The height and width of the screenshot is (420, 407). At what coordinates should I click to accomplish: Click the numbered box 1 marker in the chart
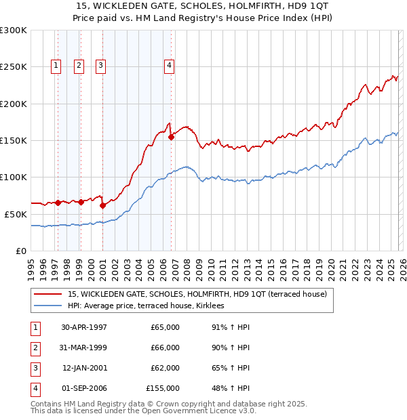tap(56, 66)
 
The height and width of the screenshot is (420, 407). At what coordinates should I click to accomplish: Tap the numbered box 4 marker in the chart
tap(169, 66)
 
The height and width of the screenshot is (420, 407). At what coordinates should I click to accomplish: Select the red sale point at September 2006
tap(171, 137)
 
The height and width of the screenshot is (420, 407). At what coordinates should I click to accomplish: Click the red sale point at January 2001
tap(102, 205)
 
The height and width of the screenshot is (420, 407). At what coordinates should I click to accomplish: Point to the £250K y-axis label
tap(14, 67)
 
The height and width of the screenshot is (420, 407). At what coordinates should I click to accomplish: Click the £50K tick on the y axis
tap(16, 214)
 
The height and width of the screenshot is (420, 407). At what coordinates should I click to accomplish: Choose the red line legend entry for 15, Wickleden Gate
tap(197, 294)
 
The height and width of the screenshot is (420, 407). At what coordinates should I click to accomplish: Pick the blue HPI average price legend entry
tap(151, 306)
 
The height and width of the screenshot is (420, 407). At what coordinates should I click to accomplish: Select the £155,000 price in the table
tap(163, 388)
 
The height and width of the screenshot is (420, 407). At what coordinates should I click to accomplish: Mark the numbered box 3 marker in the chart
tap(100, 66)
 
